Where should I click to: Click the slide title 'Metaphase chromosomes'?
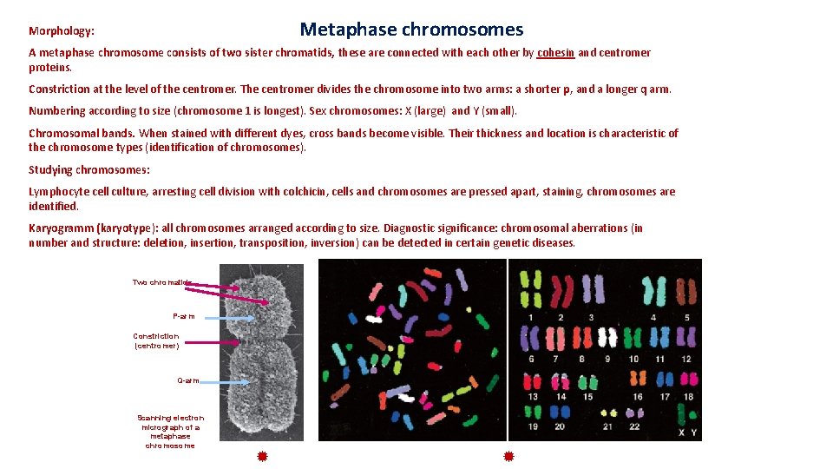coord(411,30)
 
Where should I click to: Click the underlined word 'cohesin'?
coord(555,53)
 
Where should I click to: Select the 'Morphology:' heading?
coord(61,31)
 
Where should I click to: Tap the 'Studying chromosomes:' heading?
coord(89,170)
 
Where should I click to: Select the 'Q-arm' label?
coord(188,380)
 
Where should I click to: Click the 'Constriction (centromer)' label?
coord(156,340)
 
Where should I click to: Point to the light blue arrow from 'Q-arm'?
coord(227,382)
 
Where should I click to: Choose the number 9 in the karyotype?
coord(607,359)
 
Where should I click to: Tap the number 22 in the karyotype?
coord(633,426)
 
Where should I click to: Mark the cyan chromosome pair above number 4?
coord(653,287)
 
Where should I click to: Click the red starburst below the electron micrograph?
coord(261,456)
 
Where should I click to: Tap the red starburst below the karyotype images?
coord(508,456)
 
